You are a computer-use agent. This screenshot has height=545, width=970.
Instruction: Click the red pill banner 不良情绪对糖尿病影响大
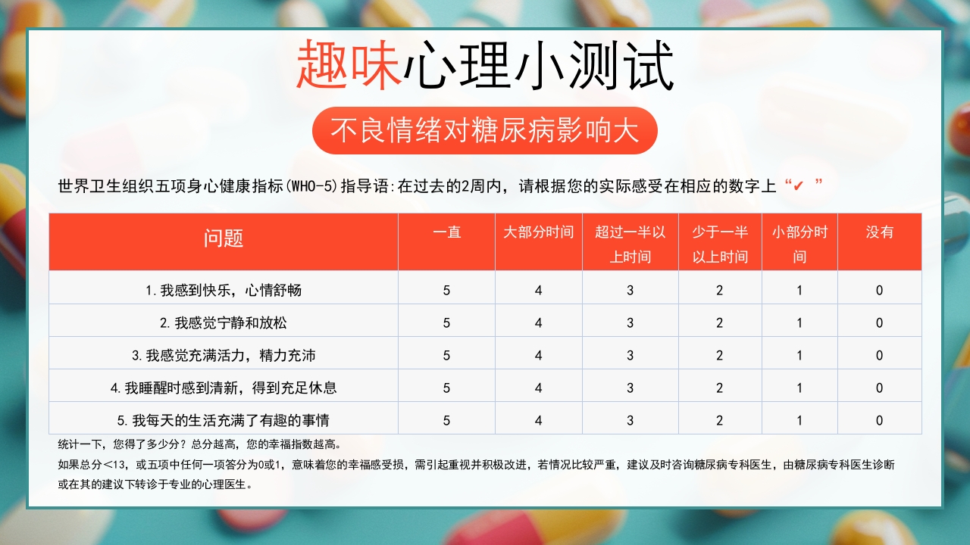coord(484,131)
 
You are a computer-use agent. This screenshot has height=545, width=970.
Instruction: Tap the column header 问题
coord(224,238)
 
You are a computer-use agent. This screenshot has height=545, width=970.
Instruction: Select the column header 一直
coord(446,232)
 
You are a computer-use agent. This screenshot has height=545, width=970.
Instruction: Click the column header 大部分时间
coord(539,232)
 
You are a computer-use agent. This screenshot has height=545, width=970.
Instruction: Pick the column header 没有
coord(879,232)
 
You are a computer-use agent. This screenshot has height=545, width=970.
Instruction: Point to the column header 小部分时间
coord(799,244)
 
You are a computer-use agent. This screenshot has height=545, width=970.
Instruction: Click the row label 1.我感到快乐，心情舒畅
coord(224,290)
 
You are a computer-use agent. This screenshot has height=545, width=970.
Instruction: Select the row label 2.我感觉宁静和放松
coord(224,322)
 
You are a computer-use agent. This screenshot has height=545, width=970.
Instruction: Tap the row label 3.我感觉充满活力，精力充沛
coord(224,355)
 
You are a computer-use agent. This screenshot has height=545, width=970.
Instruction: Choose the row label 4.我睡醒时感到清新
coord(224,388)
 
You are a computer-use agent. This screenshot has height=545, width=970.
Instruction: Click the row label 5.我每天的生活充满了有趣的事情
coord(224,420)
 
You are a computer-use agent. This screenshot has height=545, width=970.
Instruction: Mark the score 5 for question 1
coord(446,291)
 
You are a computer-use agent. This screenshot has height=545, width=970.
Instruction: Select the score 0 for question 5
coord(879,421)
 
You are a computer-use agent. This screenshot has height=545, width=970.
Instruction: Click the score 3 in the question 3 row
coord(630,356)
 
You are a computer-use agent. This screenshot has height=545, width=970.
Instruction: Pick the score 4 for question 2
coord(539,323)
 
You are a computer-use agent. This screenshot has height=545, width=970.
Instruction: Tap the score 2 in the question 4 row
coord(720,388)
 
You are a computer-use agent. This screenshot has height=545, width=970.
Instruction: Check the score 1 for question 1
coord(799,291)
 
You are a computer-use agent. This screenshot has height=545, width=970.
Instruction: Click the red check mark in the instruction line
coord(798,186)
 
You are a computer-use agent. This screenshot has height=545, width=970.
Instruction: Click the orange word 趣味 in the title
coord(349,67)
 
